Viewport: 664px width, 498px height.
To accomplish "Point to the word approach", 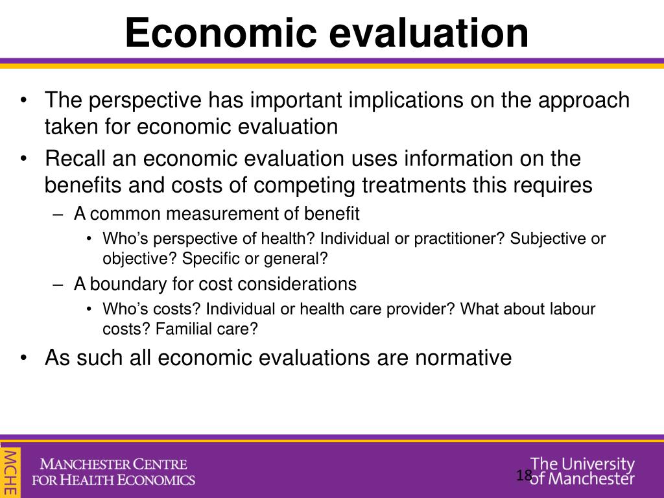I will pyautogui.click(x=586, y=101).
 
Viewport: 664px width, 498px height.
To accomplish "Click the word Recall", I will pyautogui.click(x=75, y=158).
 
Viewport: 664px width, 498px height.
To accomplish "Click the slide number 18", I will pyautogui.click(x=524, y=476).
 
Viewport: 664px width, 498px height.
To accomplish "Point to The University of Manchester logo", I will pyautogui.click(x=582, y=471).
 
